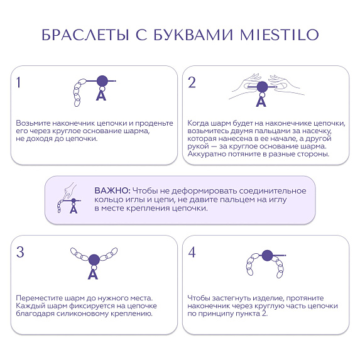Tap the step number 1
tap(19, 82)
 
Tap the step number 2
tap(192, 82)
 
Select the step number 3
tap(20, 253)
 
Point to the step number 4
tap(192, 253)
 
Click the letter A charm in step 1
tap(101, 95)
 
